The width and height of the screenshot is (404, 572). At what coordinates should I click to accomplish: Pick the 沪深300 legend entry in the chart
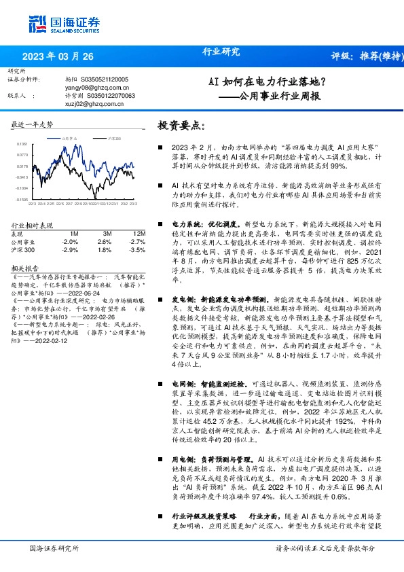tap(113, 138)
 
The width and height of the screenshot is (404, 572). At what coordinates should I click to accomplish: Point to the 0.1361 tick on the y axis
tap(23, 145)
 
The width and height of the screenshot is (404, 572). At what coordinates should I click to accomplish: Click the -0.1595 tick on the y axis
tap(23, 199)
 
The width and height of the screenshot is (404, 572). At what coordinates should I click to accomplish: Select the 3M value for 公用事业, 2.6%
tap(104, 241)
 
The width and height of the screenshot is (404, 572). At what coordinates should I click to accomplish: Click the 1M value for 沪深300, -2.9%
tap(69, 249)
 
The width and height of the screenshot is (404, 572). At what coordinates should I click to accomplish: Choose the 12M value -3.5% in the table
tap(137, 249)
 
